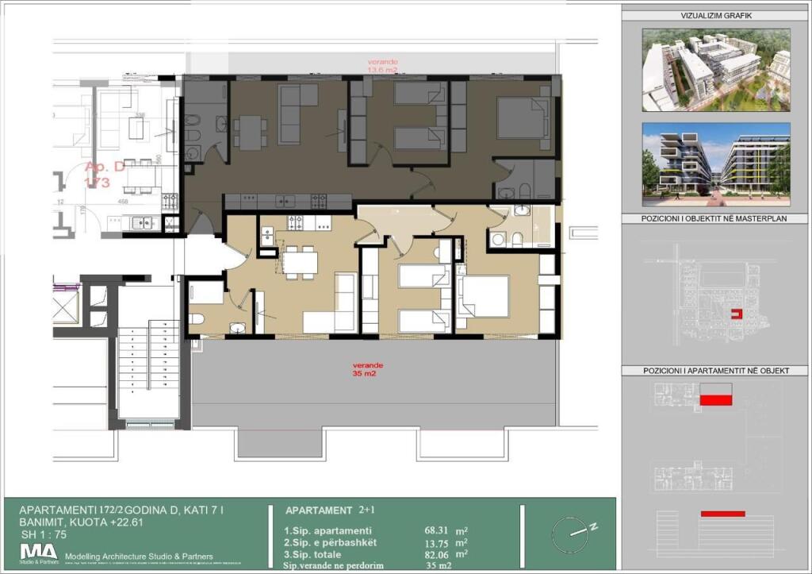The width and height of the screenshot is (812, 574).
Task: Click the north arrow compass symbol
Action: tap(573, 530)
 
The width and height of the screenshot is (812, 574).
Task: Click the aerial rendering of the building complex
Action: tap(716, 69)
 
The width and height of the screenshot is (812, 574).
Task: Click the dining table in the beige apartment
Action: tap(300, 261)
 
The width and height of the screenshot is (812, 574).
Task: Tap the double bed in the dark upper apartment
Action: tap(523, 119)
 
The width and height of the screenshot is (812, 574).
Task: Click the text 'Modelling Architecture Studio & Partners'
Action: tap(140, 557)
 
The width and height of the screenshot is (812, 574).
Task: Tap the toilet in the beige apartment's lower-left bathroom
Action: tap(197, 318)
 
